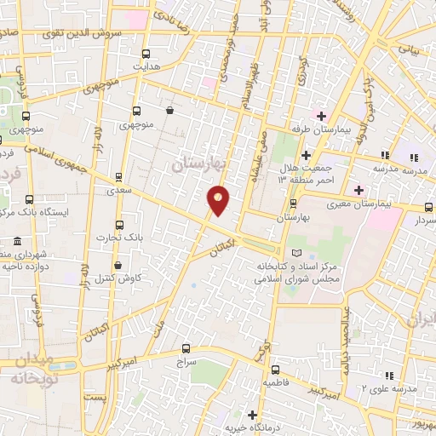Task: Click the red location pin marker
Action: click(219, 199)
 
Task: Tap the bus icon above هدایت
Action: click(145, 53)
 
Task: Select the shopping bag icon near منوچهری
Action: click(170, 110)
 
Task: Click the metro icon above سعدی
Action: click(119, 177)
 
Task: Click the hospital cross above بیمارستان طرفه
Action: click(320, 115)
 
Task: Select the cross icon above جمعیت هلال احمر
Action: click(306, 156)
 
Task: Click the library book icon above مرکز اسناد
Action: click(296, 253)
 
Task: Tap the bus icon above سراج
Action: click(187, 348)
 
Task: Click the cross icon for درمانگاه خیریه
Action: click(252, 414)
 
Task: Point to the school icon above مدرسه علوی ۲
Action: click(389, 376)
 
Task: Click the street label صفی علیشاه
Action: click(259, 156)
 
